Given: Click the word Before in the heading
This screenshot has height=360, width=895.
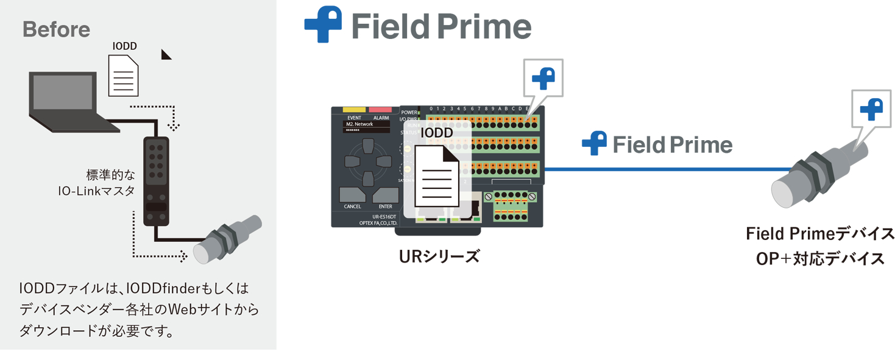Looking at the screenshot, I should (x=56, y=29).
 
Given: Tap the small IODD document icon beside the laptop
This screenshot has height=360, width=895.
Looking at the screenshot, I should (x=123, y=74).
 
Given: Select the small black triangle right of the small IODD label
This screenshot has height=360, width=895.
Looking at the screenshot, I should (x=166, y=55).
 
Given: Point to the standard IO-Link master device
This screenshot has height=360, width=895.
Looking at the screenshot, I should (x=156, y=182).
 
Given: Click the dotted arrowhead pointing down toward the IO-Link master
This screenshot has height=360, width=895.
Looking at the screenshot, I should (x=174, y=127).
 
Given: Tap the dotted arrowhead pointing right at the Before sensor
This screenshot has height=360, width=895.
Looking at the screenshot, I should (x=182, y=256).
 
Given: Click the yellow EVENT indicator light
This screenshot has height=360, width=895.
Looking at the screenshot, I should (x=354, y=110).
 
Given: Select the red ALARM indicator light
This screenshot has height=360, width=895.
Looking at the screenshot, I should (x=381, y=110).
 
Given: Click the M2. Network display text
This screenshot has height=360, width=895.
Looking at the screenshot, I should (x=359, y=124).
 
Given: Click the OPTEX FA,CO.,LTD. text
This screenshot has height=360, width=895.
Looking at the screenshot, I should (x=378, y=224).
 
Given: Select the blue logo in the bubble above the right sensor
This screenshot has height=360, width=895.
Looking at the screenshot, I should (x=871, y=108).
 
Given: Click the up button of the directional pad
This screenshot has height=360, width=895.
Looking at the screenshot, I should (x=367, y=146).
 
